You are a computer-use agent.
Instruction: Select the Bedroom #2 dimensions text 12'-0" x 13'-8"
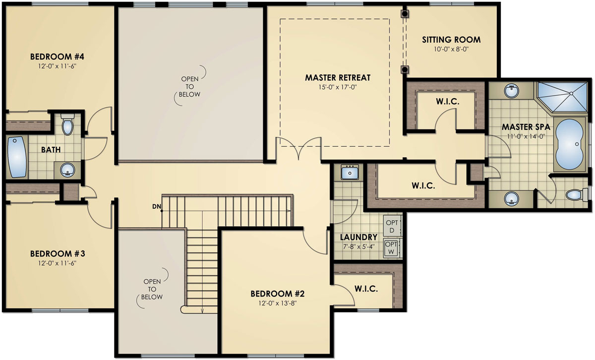tap(277, 302)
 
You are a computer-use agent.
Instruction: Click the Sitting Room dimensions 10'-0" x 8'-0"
tap(451, 49)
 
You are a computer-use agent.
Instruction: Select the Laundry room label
tap(358, 237)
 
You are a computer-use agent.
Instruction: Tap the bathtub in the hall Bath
tap(17, 157)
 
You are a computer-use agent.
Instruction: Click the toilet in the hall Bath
tap(68, 125)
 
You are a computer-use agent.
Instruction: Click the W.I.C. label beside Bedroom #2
tap(366, 289)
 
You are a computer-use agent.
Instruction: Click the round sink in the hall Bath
tap(67, 171)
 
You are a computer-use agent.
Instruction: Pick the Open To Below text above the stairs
tap(190, 87)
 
